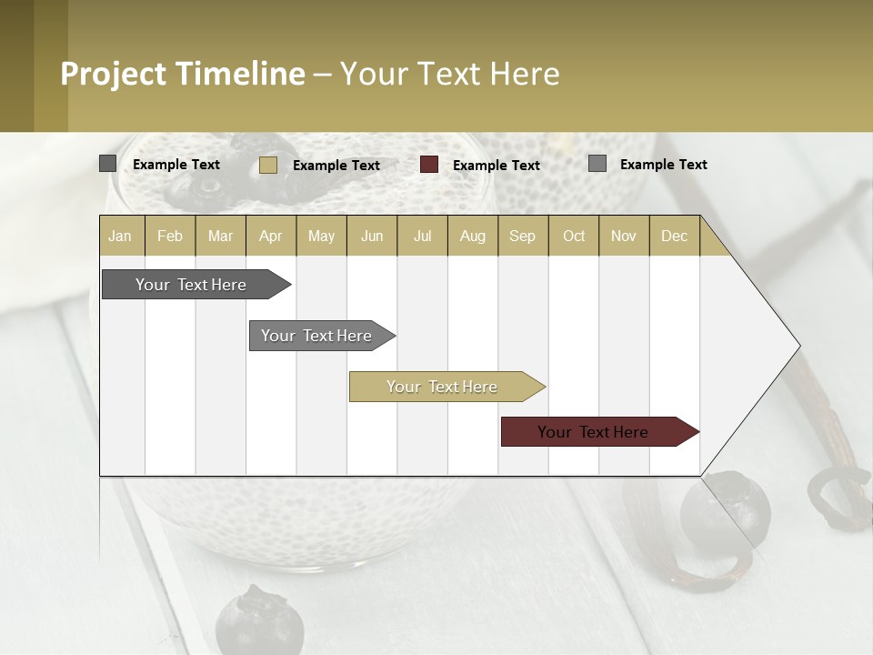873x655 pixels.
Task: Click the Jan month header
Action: click(121, 236)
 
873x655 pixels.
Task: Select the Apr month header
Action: click(271, 236)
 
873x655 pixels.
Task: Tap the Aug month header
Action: click(473, 236)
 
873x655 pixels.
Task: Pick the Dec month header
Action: click(674, 236)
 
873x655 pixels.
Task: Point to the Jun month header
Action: click(372, 236)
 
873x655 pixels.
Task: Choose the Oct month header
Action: click(574, 236)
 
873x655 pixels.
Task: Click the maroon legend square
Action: click(429, 165)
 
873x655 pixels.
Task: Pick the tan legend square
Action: click(268, 165)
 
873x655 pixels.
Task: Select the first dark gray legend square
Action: click(108, 164)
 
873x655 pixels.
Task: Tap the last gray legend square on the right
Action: click(597, 164)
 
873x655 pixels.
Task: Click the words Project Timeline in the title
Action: click(183, 74)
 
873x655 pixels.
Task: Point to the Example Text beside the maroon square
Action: click(497, 165)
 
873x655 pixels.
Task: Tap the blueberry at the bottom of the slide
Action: click(259, 621)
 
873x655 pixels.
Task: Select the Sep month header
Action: click(523, 236)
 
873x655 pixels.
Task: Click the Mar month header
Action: click(221, 236)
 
